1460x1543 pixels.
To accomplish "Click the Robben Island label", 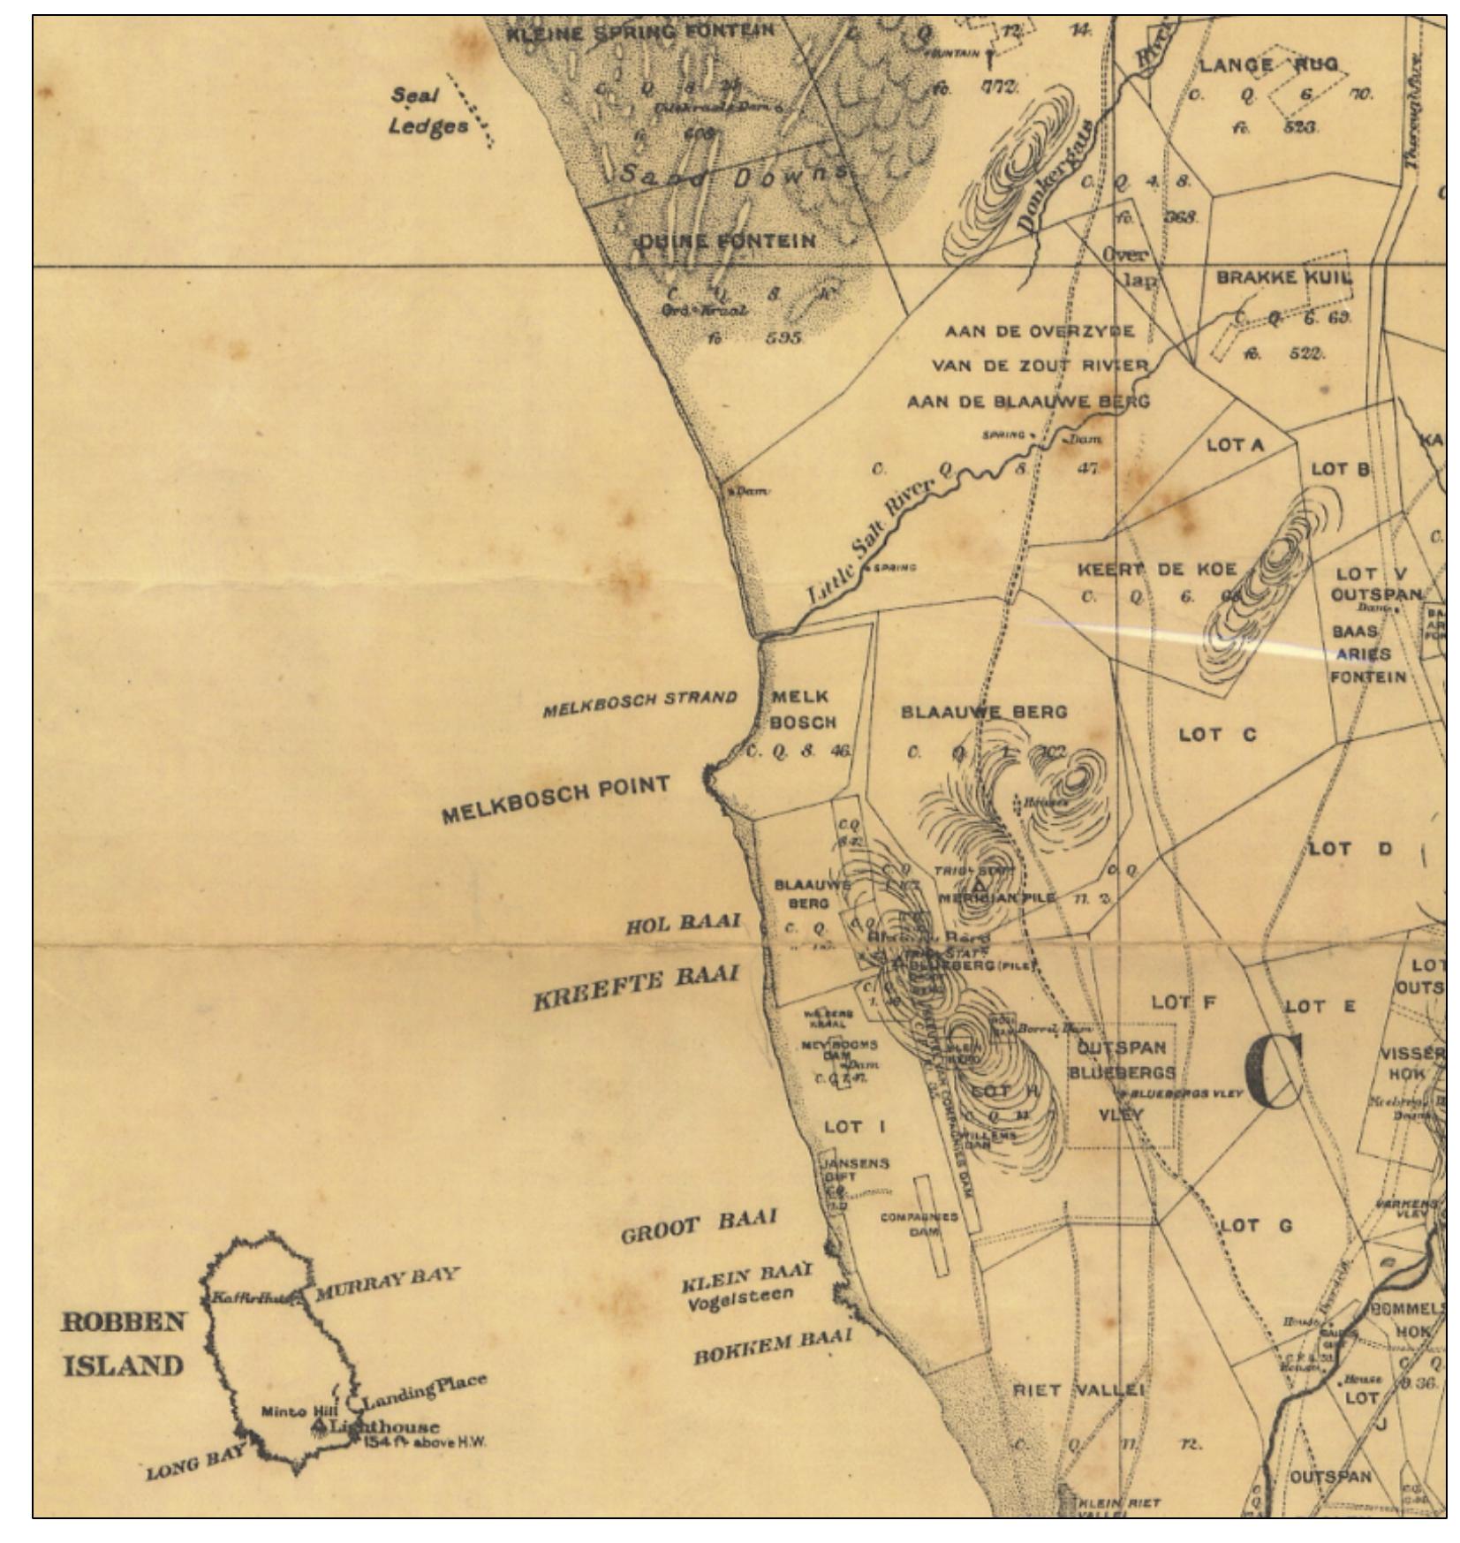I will point(123,1343).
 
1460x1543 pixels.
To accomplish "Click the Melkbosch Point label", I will point(555,798).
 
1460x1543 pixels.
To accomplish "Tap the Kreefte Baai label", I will point(635,987).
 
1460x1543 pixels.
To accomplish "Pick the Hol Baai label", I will point(682,924).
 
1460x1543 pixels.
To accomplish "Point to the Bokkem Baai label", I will point(772,1346).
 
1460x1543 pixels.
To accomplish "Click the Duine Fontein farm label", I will point(726,241).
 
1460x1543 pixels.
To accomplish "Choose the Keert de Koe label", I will point(1156,569).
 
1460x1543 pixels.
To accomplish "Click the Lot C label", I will point(1216,734).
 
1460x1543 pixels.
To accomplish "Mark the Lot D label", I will point(1349,849).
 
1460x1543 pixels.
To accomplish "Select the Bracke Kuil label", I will point(1282,277).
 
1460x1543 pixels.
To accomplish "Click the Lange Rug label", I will point(1267,65).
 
